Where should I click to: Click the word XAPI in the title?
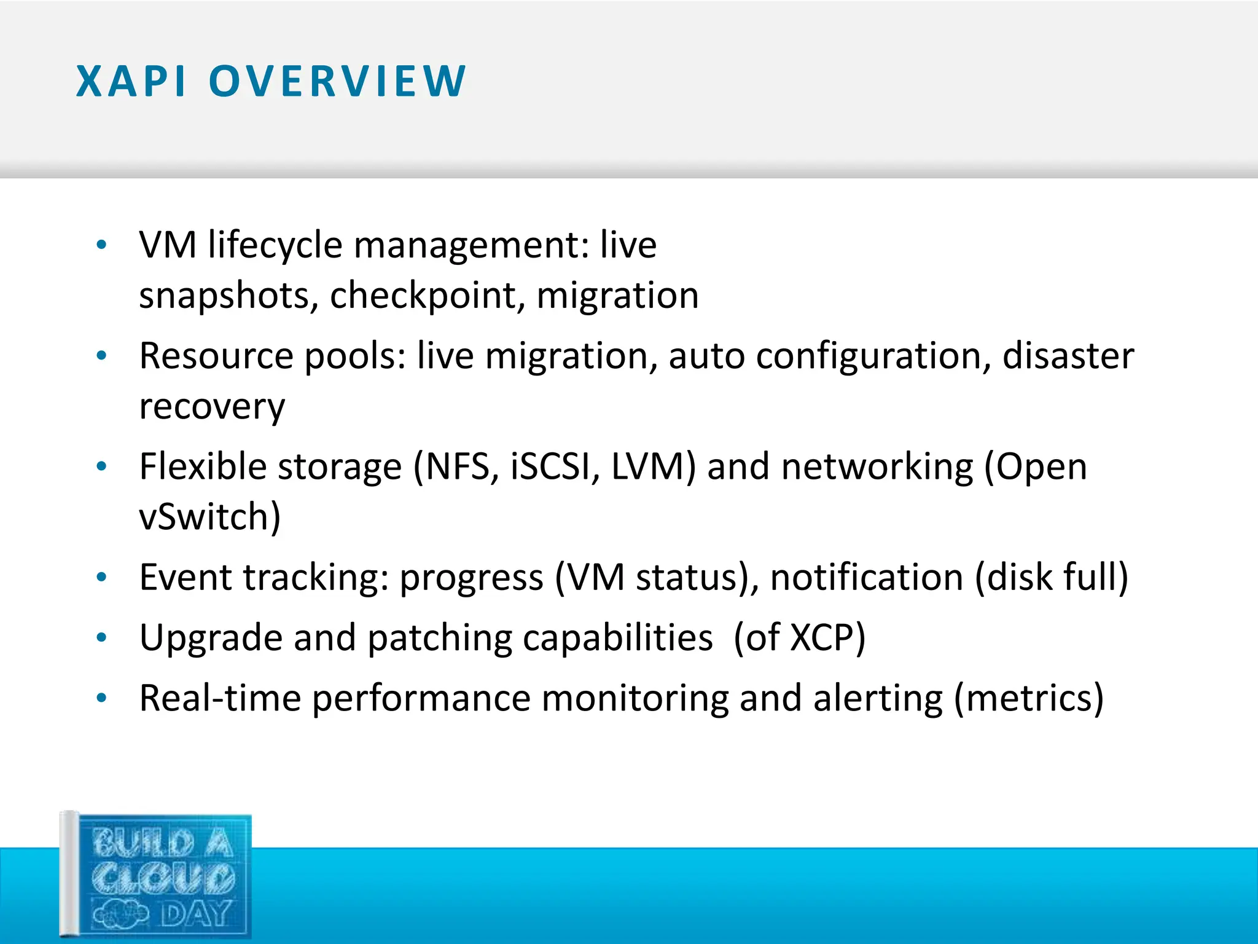pyautogui.click(x=130, y=81)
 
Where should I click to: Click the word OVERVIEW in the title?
pyautogui.click(x=338, y=81)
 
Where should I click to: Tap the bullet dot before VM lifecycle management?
pyautogui.click(x=102, y=245)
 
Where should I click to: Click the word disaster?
pyautogui.click(x=1068, y=356)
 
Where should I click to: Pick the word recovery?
pyautogui.click(x=212, y=407)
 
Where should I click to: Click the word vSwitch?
pyautogui.click(x=206, y=517)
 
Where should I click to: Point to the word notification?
pyautogui.click(x=866, y=578)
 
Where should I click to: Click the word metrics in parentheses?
pyautogui.click(x=1029, y=699)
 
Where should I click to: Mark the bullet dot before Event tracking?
pyautogui.click(x=102, y=577)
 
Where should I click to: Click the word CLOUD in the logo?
pyautogui.click(x=163, y=878)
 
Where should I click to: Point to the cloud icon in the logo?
pyautogui.click(x=120, y=914)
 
